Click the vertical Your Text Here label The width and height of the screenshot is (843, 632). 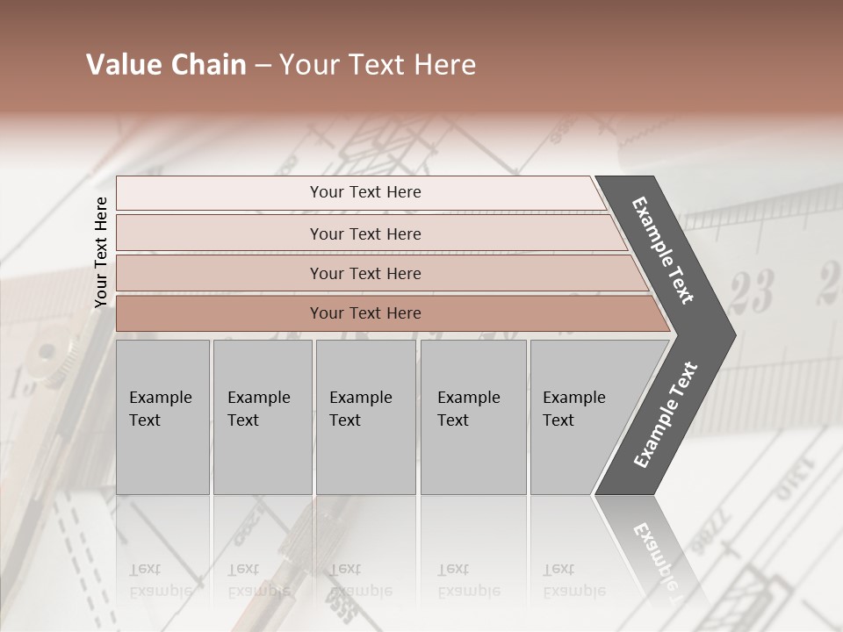click(x=101, y=252)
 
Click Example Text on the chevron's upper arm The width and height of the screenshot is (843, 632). click(x=663, y=249)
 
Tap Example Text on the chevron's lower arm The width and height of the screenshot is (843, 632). click(x=665, y=415)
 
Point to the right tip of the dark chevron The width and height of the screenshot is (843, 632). click(x=733, y=334)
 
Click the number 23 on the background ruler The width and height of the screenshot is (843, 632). click(x=752, y=291)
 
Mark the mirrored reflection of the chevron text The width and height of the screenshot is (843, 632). click(x=654, y=553)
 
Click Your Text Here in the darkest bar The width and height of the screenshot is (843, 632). click(x=365, y=313)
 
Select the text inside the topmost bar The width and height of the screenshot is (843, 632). click(x=365, y=192)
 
